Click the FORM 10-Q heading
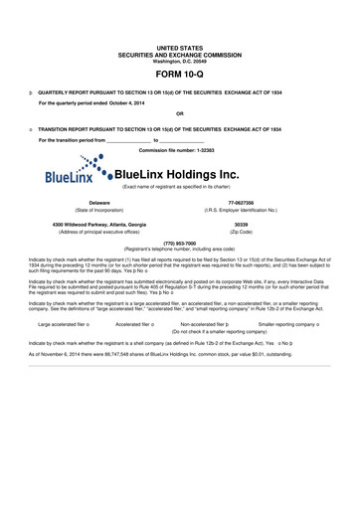click(x=180, y=75)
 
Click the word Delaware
click(x=98, y=202)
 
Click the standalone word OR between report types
click(x=180, y=113)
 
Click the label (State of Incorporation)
click(x=98, y=210)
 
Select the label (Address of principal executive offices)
click(x=98, y=233)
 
